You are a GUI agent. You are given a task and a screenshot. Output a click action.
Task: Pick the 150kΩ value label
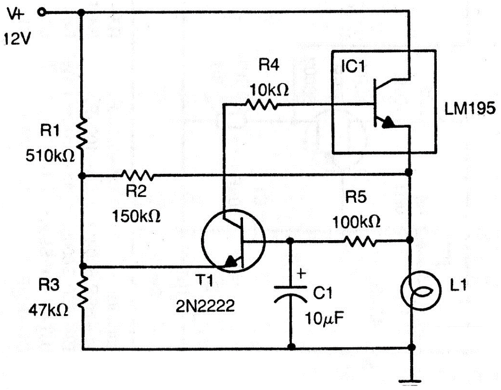136,216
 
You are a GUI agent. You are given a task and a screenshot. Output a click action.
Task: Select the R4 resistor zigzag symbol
262,105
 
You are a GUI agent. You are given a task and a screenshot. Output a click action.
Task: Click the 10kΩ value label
268,90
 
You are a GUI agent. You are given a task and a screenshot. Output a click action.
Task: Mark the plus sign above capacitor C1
302,275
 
